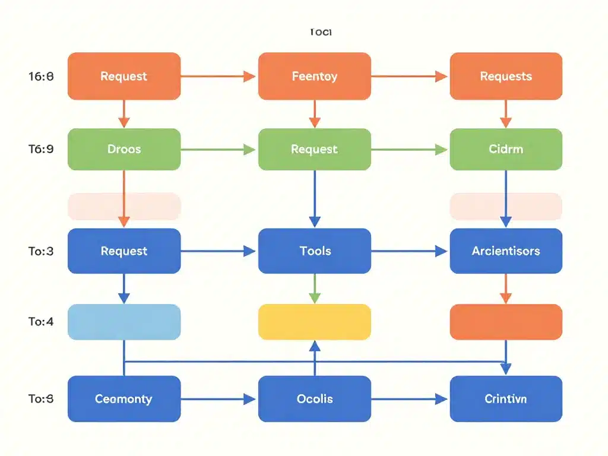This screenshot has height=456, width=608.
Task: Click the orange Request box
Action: pos(124,76)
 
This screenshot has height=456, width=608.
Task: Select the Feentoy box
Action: pos(315,76)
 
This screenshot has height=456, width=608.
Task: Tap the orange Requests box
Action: pos(506,76)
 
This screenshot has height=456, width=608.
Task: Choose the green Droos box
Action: pos(124,149)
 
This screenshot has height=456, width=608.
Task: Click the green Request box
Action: pos(315,149)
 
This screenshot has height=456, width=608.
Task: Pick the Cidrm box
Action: pos(506,149)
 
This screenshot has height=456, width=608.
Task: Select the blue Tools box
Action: pos(315,251)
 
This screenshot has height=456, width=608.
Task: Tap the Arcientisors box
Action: pos(506,251)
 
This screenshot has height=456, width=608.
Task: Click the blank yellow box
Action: pos(315,322)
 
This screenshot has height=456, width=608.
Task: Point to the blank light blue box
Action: pos(124,322)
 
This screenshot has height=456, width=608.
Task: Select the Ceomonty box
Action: pos(124,399)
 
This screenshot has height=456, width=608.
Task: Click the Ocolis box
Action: pos(315,399)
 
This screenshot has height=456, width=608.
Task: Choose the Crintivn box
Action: pos(506,399)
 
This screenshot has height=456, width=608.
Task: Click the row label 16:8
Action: pos(41,76)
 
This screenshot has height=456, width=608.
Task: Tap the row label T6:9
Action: pos(41,149)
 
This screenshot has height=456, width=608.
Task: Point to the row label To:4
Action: pos(41,322)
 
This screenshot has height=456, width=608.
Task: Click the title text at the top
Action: pos(321,32)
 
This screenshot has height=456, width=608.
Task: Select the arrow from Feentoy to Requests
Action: pos(410,76)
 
